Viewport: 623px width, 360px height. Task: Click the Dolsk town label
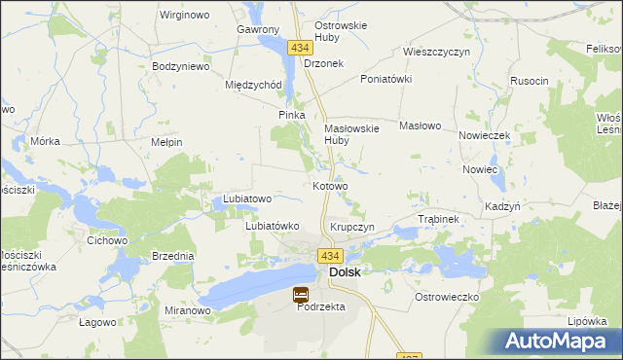pyautogui.click(x=346, y=272)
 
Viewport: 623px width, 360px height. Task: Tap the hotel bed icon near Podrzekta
pyautogui.click(x=301, y=293)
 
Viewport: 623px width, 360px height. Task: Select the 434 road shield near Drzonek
pyautogui.click(x=301, y=47)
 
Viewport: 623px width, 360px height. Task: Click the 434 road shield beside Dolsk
pyautogui.click(x=328, y=256)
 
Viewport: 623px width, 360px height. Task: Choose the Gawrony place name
pyautogui.click(x=258, y=29)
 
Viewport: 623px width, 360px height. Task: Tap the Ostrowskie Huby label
pyautogui.click(x=341, y=32)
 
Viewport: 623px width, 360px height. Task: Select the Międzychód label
pyautogui.click(x=253, y=85)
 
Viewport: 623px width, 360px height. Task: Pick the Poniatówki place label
pyautogui.click(x=386, y=79)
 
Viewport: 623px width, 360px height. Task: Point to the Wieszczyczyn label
pyautogui.click(x=436, y=51)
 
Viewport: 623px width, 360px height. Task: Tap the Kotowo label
pyautogui.click(x=330, y=185)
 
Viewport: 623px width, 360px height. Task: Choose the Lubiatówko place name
pyautogui.click(x=271, y=226)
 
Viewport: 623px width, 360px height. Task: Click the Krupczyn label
pyautogui.click(x=352, y=226)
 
